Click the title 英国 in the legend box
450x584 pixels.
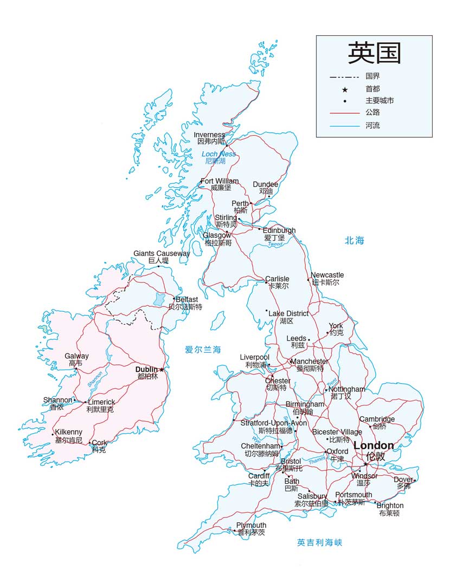(x=374, y=53)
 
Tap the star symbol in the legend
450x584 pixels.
(x=344, y=89)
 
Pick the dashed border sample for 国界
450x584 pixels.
(x=344, y=76)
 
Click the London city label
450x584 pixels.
(x=374, y=446)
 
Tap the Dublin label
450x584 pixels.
(x=146, y=369)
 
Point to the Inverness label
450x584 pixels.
(x=209, y=135)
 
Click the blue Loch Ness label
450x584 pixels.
(x=218, y=154)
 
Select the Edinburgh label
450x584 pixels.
(x=279, y=231)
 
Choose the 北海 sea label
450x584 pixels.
(x=355, y=241)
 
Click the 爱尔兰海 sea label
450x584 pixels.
(x=203, y=350)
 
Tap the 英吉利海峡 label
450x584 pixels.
(x=319, y=542)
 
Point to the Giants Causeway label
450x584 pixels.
(x=162, y=253)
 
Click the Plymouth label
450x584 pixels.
(x=251, y=526)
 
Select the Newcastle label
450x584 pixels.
(x=327, y=275)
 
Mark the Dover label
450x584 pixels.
(x=403, y=480)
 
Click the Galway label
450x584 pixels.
(x=76, y=356)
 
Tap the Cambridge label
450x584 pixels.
(x=377, y=419)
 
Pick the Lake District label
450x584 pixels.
(x=288, y=314)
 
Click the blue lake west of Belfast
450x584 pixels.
(x=159, y=299)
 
